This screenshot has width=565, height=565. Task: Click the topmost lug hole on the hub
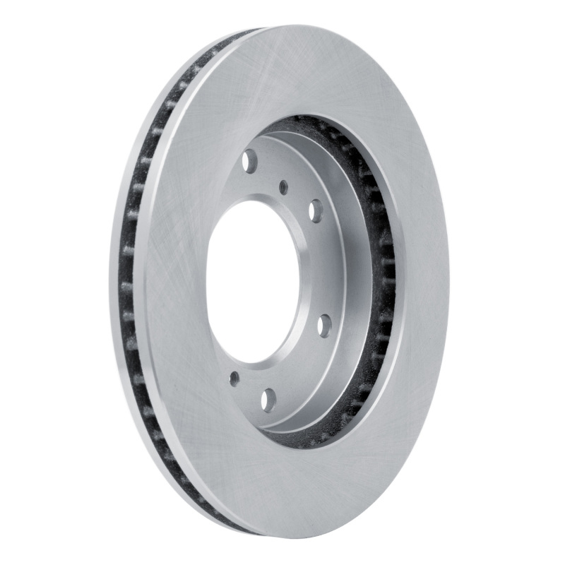click(249, 161)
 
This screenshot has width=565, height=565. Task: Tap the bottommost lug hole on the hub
click(268, 400)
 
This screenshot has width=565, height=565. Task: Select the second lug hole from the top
click(316, 210)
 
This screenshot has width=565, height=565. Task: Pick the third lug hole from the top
click(324, 325)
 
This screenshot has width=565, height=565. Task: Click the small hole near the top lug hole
click(284, 187)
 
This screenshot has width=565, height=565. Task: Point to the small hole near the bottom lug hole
click(234, 379)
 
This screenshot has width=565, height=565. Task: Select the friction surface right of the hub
click(420, 282)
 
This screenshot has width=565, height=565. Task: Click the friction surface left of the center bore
click(177, 282)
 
